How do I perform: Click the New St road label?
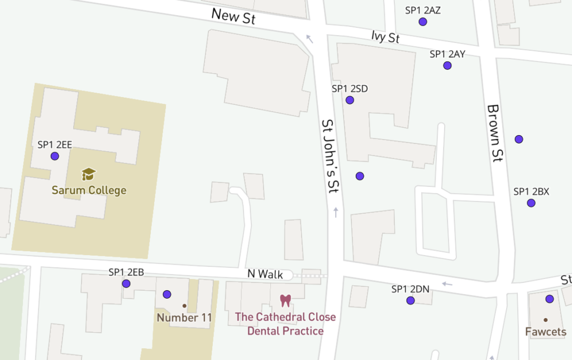233,16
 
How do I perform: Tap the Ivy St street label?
385,37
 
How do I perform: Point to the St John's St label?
331,156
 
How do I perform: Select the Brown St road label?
494,133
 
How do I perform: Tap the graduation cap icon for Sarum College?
89,174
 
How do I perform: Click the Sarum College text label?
89,190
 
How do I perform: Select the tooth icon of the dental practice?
285,300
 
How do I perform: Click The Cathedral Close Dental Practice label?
285,324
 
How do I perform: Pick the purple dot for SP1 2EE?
55,156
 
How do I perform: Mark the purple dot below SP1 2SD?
350,100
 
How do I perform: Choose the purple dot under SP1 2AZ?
423,22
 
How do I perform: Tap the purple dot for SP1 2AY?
447,66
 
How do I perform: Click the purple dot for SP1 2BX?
531,203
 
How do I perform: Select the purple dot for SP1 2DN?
411,301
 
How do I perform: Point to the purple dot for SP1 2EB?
126,284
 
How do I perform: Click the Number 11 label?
184,318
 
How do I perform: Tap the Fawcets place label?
545,332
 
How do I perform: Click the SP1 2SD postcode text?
350,88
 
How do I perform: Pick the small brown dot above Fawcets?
545,320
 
